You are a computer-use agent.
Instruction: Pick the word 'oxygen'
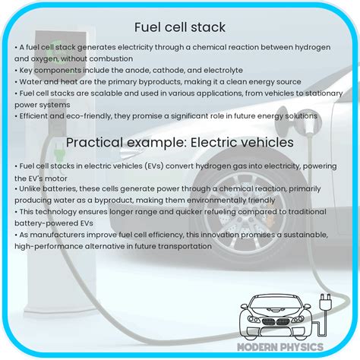tap(43, 58)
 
